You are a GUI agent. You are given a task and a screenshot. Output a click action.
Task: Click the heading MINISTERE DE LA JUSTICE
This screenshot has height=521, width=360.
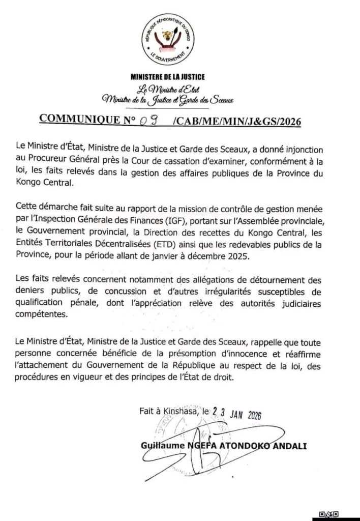tap(168, 77)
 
